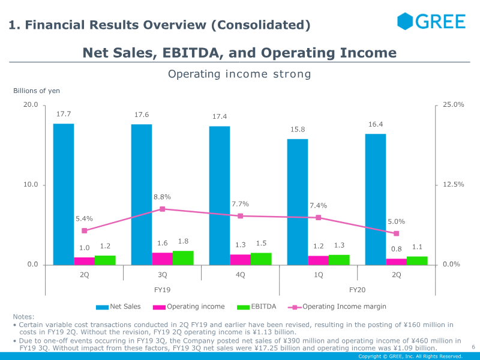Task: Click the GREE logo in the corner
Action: click(431, 22)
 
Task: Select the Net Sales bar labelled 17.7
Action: click(64, 194)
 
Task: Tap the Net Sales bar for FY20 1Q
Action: click(298, 202)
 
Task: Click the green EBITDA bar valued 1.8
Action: click(183, 258)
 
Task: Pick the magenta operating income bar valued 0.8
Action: click(396, 262)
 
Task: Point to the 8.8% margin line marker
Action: click(162, 209)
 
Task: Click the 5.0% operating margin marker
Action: click(396, 233)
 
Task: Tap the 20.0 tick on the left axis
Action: click(31, 105)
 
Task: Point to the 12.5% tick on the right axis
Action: click(453, 185)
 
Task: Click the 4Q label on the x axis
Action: click(241, 275)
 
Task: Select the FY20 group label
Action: click(358, 289)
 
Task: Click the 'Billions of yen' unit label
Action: click(37, 91)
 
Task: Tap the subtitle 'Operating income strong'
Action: click(239, 74)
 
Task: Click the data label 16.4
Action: click(376, 125)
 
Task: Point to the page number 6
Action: click(473, 347)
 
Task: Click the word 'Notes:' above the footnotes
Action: click(24, 317)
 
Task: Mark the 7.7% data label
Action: click(240, 204)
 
